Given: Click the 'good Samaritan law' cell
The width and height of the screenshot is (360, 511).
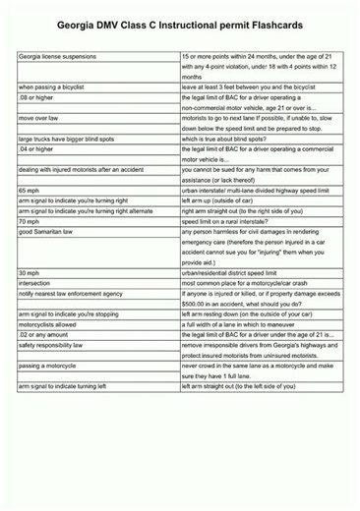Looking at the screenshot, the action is [46, 232].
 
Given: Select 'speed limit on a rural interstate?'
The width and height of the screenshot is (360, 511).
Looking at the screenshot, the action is [234, 221].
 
